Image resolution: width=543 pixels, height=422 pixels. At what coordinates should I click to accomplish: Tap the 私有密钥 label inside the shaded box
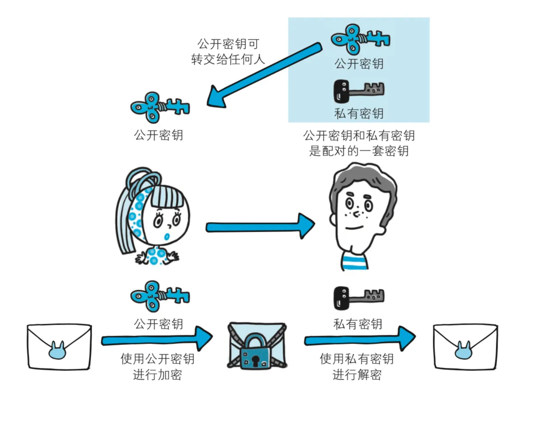[359, 113]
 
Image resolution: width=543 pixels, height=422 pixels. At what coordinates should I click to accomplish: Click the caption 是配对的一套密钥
[359, 151]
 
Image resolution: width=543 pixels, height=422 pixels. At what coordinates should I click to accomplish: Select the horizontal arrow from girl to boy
[260, 227]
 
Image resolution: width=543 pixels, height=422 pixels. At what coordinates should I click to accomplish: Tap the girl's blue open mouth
[167, 237]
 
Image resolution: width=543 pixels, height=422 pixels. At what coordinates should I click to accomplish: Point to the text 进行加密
[157, 375]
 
